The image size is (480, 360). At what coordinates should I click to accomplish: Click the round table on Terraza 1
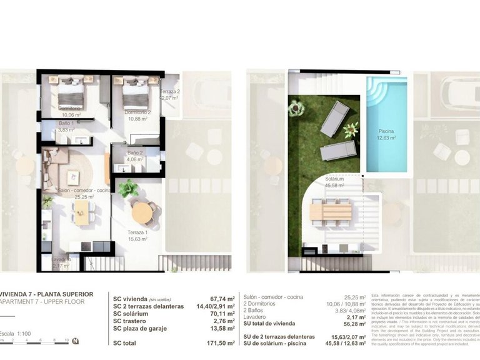click(x=142, y=213)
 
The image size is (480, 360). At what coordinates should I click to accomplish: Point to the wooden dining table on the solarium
click(x=331, y=212)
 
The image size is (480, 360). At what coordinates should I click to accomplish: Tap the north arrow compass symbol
click(x=76, y=341)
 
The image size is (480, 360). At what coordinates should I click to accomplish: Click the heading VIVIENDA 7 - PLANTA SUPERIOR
click(x=47, y=294)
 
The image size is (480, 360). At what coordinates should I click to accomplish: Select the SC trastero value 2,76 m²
click(x=223, y=321)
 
